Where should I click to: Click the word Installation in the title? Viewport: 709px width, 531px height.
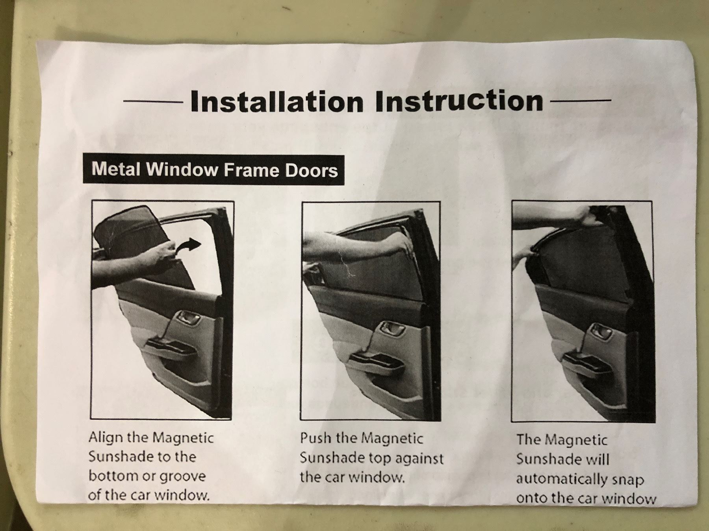tap(277, 102)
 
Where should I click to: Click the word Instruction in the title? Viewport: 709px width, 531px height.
tap(459, 101)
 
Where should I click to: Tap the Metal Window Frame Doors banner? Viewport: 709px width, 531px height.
tap(214, 170)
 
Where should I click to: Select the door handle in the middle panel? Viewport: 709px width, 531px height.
tap(390, 330)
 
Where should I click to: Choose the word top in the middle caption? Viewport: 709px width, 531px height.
tap(382, 459)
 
